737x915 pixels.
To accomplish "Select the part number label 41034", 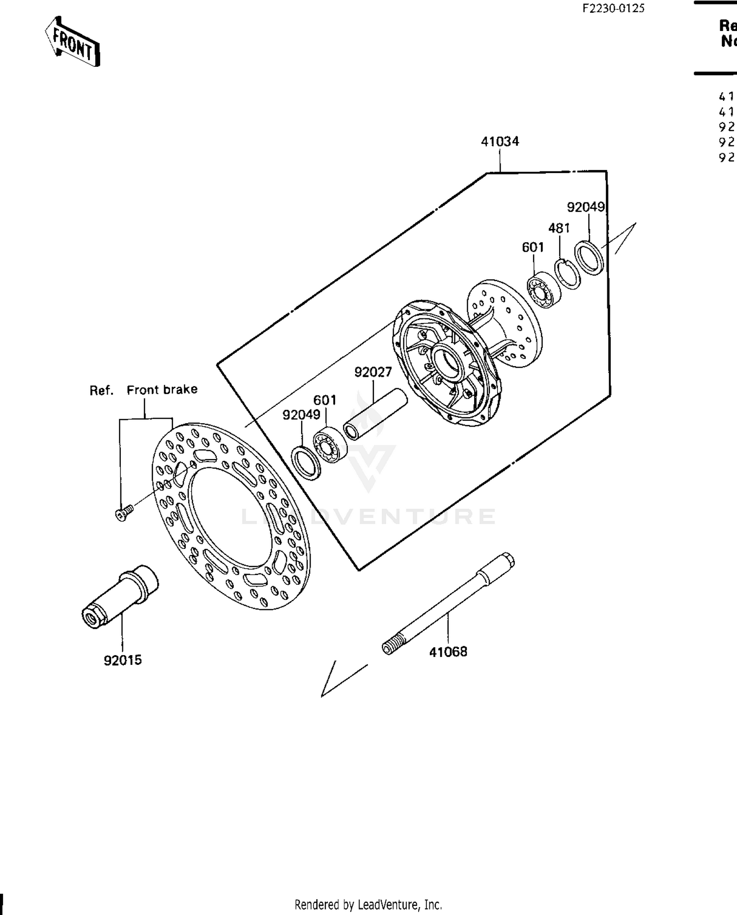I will pos(500,142).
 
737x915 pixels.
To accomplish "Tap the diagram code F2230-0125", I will pos(613,8).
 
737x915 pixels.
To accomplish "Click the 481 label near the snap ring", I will pos(559,228).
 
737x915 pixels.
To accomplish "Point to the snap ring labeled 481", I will pos(567,274).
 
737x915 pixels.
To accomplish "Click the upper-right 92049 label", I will pos(586,207).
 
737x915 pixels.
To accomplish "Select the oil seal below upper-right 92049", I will pos(589,258).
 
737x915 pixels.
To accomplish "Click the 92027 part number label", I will pos(373,372).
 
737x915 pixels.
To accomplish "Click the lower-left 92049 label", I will pos(301,415).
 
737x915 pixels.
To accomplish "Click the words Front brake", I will pos(162,390).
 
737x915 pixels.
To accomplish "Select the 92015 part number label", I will pos(123,660).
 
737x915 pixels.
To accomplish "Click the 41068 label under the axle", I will pos(448,652).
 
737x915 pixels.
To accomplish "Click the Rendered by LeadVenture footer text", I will pos(368,905).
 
